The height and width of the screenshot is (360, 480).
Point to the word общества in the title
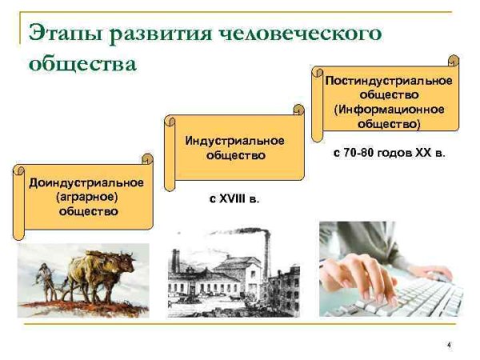[82, 63]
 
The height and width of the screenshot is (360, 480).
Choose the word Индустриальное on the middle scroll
[234, 141]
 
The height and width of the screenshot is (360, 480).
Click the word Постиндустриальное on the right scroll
[389, 81]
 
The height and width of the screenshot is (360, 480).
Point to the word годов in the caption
[398, 152]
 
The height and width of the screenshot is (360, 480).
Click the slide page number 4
[449, 344]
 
